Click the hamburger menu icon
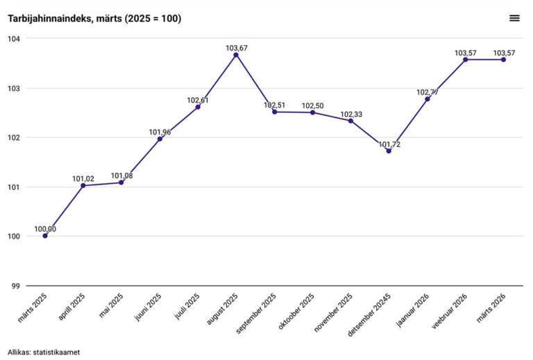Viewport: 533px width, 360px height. click(x=514, y=18)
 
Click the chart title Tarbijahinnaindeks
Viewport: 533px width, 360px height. click(x=94, y=19)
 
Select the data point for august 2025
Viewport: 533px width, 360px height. click(x=236, y=55)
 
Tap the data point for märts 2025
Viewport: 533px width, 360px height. click(x=45, y=236)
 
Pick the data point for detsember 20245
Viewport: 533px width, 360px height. click(x=389, y=151)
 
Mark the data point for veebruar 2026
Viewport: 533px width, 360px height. click(x=465, y=60)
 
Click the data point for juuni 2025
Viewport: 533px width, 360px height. click(x=160, y=139)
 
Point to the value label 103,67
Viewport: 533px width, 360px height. click(x=236, y=48)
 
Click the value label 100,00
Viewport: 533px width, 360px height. click(x=45, y=229)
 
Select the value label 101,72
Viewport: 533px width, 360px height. click(x=389, y=144)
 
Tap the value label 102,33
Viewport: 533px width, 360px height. click(x=350, y=114)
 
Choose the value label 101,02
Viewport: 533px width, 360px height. click(x=83, y=178)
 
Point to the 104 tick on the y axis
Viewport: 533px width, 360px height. click(x=15, y=39)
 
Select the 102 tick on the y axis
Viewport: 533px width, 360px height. click(x=15, y=138)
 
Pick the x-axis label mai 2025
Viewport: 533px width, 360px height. click(x=112, y=305)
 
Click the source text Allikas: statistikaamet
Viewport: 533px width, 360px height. click(x=44, y=352)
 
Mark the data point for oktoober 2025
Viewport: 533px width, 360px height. click(x=312, y=112)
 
